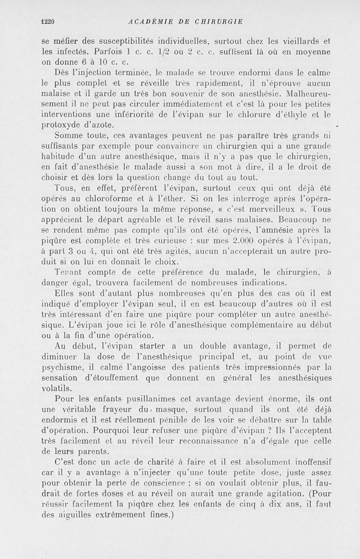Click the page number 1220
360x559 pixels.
click(47, 21)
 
